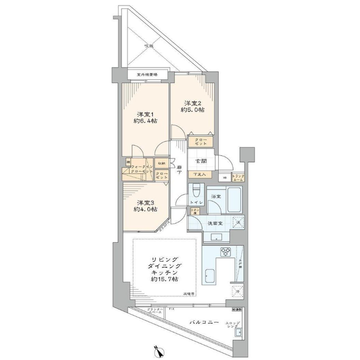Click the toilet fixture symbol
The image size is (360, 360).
click(x=196, y=189)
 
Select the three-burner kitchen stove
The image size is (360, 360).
click(x=227, y=252)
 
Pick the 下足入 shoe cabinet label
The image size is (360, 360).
click(x=199, y=174)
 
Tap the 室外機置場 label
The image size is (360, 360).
click(x=147, y=75)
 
